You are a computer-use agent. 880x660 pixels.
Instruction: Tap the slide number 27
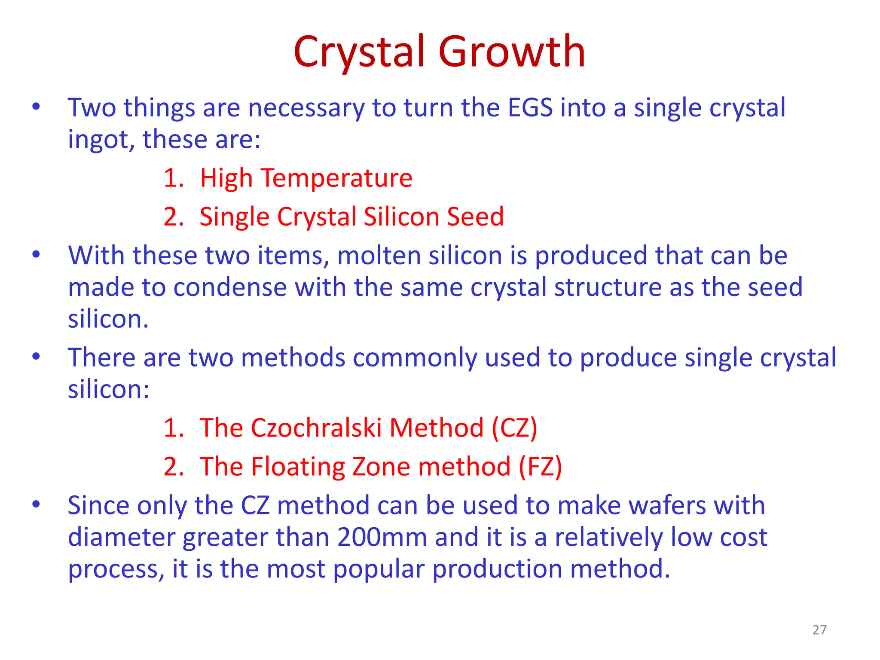coord(819,629)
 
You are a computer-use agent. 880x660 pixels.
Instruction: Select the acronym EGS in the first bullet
coord(530,107)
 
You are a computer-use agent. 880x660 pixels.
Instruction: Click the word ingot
coord(97,141)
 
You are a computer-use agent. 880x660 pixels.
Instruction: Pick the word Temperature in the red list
coord(336,178)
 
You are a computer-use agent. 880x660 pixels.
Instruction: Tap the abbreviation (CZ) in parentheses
coord(514,428)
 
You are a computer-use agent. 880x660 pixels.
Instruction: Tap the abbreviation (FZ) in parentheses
coord(540,467)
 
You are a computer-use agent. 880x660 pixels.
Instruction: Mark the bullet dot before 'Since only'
coord(36,504)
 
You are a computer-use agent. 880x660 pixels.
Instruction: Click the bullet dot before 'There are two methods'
coord(36,357)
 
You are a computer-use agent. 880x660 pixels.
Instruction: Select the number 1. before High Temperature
coord(174,178)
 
